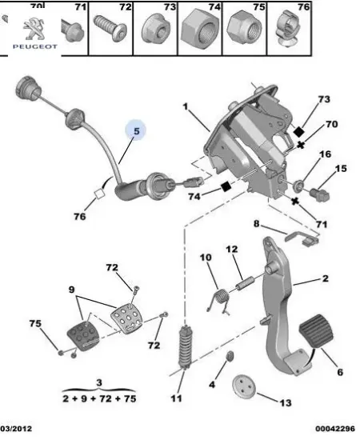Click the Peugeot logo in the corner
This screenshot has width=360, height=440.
[33, 36]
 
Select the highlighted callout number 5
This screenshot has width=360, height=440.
[136, 130]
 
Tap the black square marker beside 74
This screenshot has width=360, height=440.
[226, 187]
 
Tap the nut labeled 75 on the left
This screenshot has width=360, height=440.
[61, 350]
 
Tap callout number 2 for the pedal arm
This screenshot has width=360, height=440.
[326, 278]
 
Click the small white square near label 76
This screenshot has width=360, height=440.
[101, 192]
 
